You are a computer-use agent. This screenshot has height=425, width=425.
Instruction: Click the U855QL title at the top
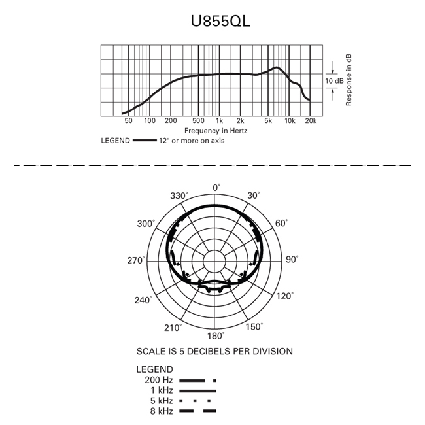(x=220, y=21)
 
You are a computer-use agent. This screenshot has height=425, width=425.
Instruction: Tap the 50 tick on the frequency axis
(x=128, y=120)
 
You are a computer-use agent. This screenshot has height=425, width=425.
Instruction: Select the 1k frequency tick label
(x=219, y=120)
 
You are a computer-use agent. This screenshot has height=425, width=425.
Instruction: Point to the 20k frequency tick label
(x=311, y=120)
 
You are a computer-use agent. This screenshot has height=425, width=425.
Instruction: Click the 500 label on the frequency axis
(x=198, y=120)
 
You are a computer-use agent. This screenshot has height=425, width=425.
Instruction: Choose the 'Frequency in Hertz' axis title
(x=216, y=131)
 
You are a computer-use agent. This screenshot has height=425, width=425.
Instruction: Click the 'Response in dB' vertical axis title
(x=348, y=80)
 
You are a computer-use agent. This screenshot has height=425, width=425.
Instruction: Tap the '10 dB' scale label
(x=334, y=81)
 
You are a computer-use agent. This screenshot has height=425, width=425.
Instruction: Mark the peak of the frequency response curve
(x=277, y=67)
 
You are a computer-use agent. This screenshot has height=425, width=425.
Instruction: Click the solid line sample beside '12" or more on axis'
(x=144, y=141)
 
